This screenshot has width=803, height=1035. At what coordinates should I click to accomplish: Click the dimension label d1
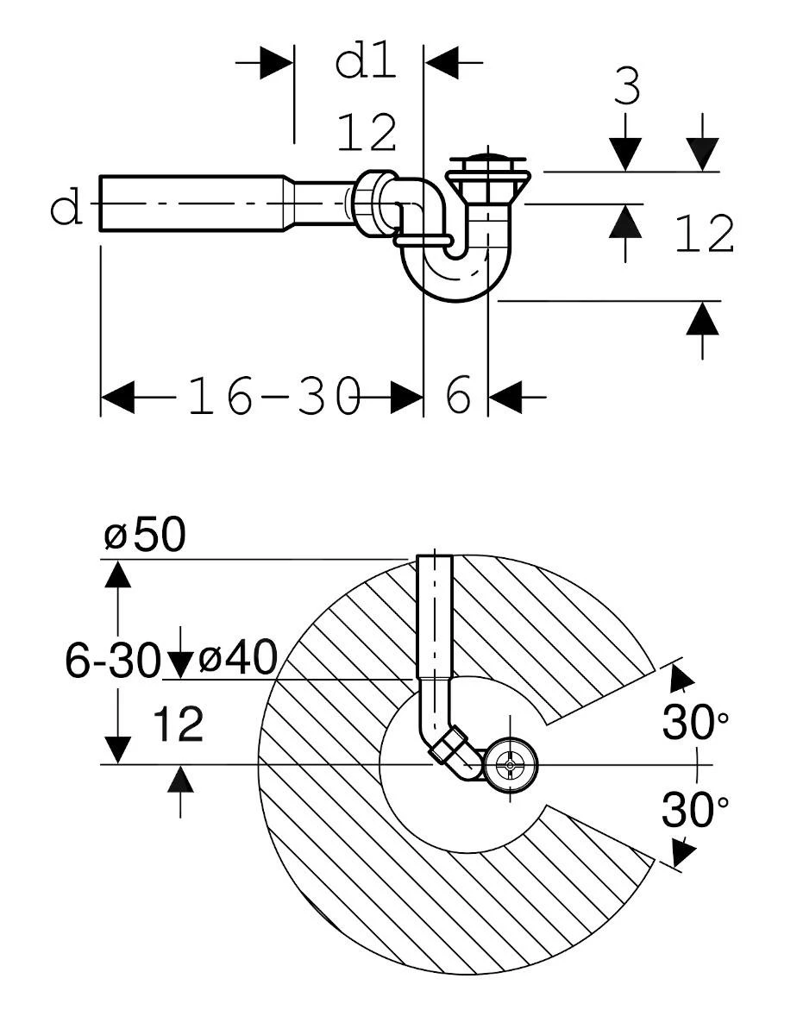pos(365,62)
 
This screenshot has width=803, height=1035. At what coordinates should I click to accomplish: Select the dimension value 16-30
pos(273,398)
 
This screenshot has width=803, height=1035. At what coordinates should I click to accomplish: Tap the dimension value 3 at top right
pos(627,87)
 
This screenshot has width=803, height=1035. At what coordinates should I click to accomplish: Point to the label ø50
pos(145,536)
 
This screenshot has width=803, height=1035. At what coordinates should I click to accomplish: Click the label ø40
pos(238,660)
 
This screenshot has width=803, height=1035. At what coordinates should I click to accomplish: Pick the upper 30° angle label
pos(695,722)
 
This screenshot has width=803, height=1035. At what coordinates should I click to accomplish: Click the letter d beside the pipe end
pos(66,208)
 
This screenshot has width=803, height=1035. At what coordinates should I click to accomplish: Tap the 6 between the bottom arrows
pos(459,397)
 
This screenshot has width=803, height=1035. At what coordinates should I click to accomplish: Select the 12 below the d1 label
pos(367,133)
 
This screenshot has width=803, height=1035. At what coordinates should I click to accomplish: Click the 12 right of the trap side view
pos(704,235)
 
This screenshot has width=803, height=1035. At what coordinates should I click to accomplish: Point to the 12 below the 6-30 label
pos(179,724)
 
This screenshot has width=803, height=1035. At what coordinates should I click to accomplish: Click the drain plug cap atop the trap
pos(487,162)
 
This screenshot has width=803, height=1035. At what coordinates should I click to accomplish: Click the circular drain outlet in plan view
pos(510,764)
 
